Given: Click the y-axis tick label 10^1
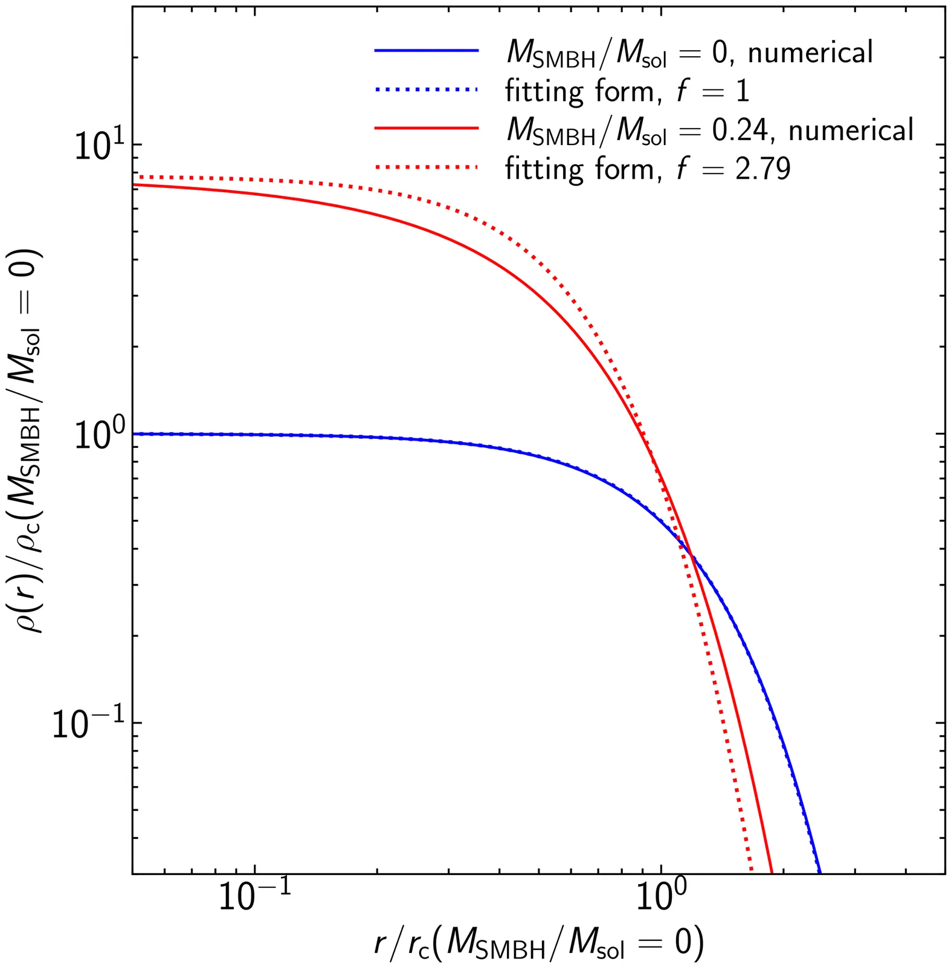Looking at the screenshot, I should (97, 146).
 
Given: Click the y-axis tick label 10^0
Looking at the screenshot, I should (97, 435).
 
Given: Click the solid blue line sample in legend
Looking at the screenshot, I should (427, 51).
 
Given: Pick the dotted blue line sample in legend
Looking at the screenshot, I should (427, 90).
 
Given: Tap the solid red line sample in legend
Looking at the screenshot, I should (427, 128).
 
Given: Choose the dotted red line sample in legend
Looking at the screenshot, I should (427, 167).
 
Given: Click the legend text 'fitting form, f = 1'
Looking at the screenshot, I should (627, 91).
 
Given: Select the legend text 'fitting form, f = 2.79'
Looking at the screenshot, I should (648, 169).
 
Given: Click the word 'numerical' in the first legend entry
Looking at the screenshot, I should (811, 53).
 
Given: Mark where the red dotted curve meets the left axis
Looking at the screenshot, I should (133, 176).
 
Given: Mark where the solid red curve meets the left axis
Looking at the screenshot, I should (133, 184).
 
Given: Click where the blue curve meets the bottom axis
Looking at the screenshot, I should (820, 873).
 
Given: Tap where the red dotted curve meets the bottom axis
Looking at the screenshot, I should (751, 873).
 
